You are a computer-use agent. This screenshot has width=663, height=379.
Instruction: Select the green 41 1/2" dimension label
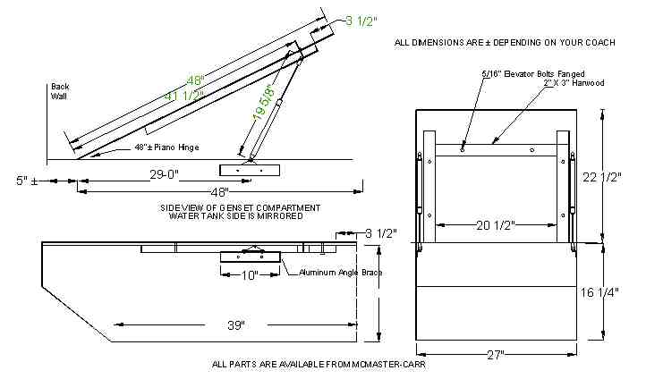[184, 96]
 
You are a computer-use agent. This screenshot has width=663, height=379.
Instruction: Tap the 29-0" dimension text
[165, 174]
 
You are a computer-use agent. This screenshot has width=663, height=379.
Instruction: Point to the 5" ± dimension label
[27, 181]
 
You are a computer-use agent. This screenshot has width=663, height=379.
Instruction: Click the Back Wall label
[60, 91]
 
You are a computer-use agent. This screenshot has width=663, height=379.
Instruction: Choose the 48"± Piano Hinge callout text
[166, 147]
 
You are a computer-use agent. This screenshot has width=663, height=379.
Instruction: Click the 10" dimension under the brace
[250, 275]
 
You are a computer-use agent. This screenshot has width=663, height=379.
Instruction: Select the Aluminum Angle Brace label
[340, 273]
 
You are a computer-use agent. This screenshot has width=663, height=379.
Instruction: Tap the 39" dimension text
[236, 324]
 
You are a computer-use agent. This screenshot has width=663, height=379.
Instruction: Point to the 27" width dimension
[496, 355]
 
